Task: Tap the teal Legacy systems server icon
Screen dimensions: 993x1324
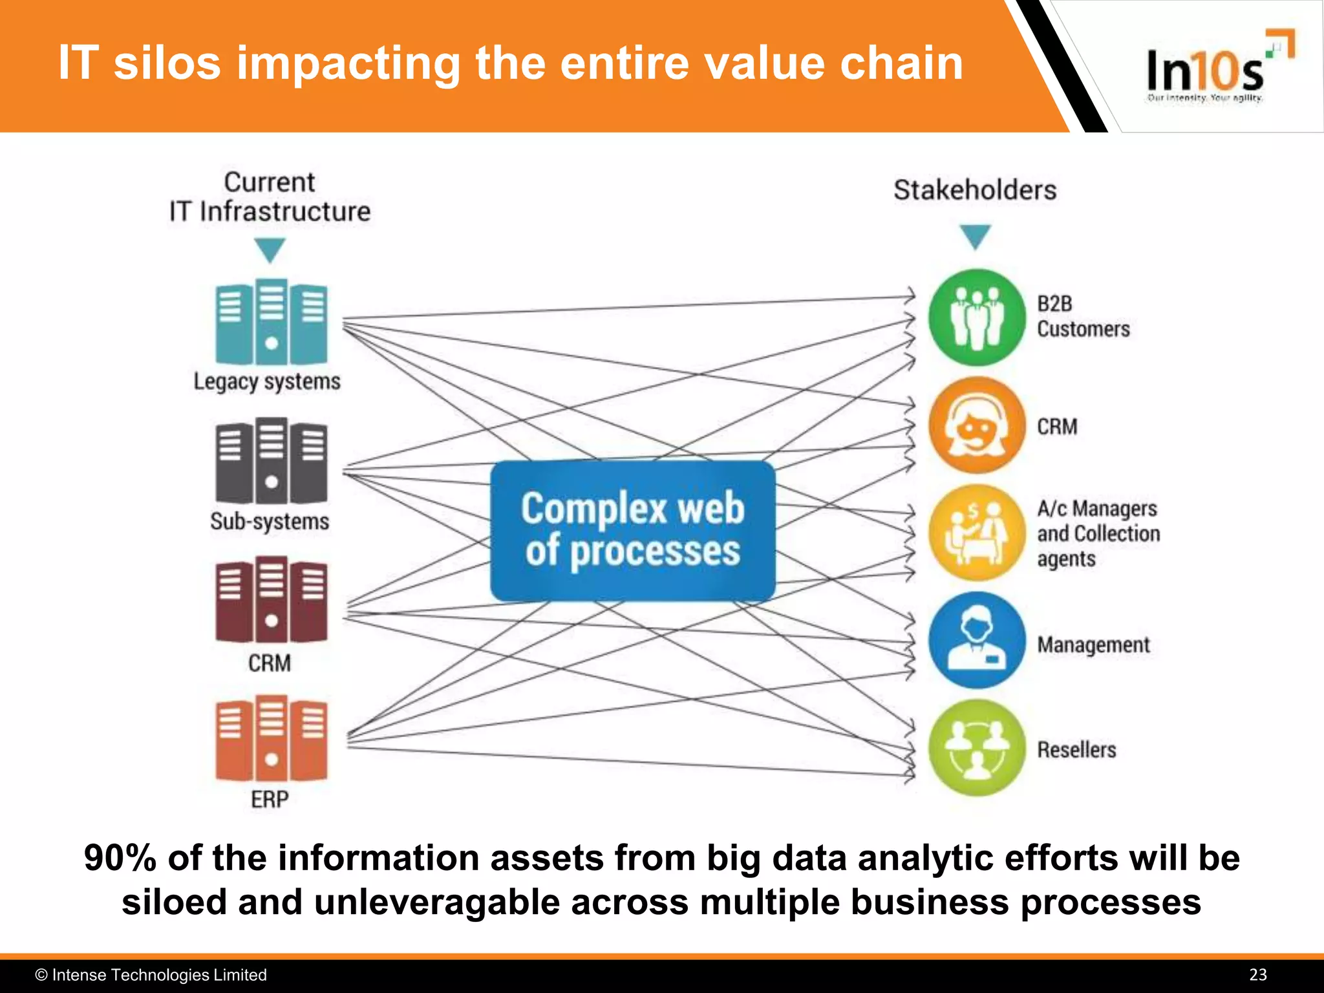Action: coord(271,321)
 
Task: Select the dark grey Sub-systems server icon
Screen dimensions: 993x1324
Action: coord(271,460)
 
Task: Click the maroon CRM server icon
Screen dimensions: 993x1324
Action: coord(271,599)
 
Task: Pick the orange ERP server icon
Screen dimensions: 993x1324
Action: coord(271,738)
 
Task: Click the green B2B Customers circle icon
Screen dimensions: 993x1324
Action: coord(977,317)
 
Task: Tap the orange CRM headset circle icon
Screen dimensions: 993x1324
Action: coord(977,425)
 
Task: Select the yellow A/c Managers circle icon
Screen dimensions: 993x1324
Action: coord(977,533)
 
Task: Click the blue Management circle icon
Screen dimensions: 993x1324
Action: coord(977,640)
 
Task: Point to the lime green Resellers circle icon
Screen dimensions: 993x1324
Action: coord(977,748)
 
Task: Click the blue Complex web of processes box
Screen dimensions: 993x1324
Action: coord(632,531)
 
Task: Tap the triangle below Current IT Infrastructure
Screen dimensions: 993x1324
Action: coord(270,249)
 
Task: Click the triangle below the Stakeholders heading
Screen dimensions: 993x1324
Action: coord(975,235)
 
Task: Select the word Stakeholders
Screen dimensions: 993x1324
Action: coord(975,190)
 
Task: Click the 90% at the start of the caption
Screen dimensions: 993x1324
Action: coord(120,859)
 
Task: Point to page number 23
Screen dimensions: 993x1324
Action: coord(1257,975)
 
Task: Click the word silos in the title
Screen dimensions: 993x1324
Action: coord(167,63)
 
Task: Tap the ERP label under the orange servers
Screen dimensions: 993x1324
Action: coord(270,800)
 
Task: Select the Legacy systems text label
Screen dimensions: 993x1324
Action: coord(267,381)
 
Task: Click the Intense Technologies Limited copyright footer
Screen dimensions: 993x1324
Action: coord(151,975)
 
